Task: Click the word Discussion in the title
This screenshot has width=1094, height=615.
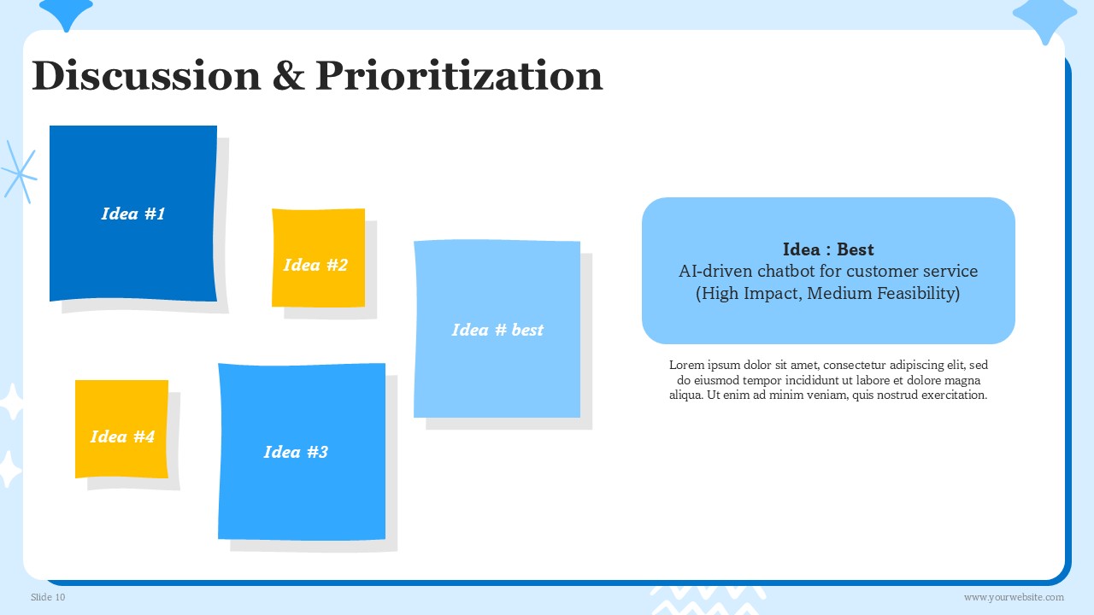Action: [146, 75]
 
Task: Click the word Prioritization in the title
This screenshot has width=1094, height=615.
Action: [459, 75]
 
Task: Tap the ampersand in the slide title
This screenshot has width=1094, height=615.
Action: [289, 75]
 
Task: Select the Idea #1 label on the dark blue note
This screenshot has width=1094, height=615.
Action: [133, 214]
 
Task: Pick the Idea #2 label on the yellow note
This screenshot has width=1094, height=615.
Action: [315, 265]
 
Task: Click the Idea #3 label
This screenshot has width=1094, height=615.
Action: [296, 452]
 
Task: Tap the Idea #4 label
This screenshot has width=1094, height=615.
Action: [122, 436]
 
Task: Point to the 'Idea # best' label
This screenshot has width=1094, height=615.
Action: [497, 330]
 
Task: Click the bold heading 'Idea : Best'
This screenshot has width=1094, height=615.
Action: [828, 249]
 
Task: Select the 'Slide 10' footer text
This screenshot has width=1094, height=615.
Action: [48, 597]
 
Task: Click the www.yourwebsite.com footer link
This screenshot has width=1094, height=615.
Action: [1014, 597]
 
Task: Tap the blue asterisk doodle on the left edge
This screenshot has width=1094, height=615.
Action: [19, 173]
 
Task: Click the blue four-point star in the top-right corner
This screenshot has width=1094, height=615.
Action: [1044, 19]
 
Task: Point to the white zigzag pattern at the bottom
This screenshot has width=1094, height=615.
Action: [709, 600]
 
